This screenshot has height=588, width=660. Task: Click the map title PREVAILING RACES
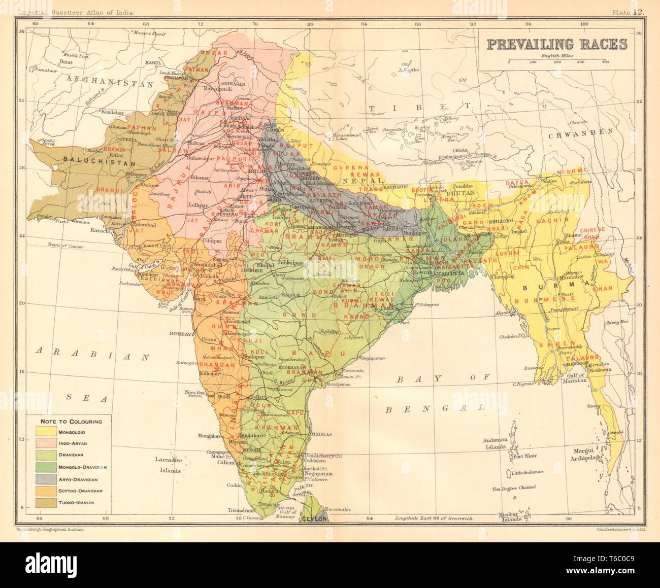point(557,44)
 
